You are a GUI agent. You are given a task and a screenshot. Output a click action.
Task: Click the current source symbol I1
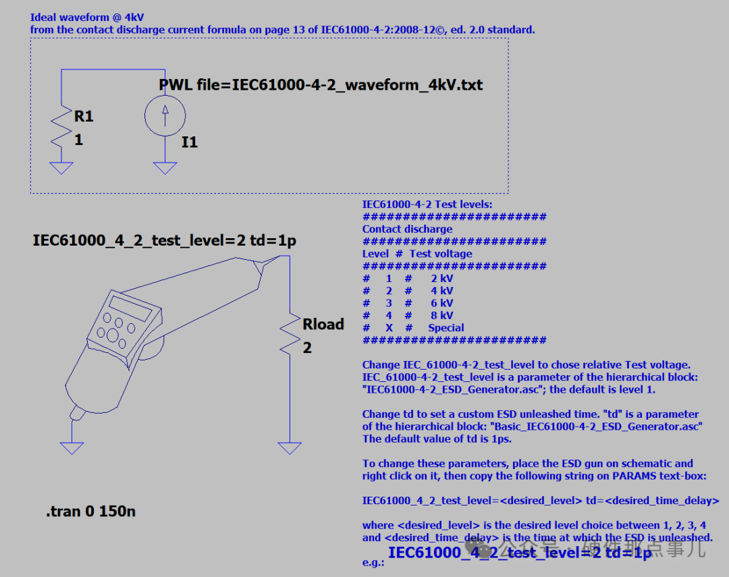[x=165, y=116]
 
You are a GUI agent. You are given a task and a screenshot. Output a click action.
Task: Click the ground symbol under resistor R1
[x=61, y=167]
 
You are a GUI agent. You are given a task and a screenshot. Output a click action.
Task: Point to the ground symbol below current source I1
[x=165, y=167]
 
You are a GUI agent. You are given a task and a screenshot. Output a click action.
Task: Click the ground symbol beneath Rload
[x=290, y=448]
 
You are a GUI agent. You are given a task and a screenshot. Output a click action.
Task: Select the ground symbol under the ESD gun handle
[x=72, y=447]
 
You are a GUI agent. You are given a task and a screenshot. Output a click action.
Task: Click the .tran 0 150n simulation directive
[x=90, y=512]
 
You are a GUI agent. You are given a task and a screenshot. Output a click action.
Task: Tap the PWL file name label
[x=321, y=85]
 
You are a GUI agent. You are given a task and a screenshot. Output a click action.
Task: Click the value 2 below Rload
[x=307, y=348]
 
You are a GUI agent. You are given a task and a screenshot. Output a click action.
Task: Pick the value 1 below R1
[x=78, y=140]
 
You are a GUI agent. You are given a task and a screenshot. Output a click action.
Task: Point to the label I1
[x=190, y=142]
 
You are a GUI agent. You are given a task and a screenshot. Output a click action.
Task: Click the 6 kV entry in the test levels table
[x=442, y=303]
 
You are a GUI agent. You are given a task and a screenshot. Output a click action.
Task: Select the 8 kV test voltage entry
[x=442, y=315]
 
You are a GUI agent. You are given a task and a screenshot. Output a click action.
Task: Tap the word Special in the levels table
[x=446, y=328]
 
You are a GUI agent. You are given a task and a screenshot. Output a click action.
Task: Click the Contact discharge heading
[x=407, y=229]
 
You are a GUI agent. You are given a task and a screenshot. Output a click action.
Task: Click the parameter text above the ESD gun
[x=165, y=241]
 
